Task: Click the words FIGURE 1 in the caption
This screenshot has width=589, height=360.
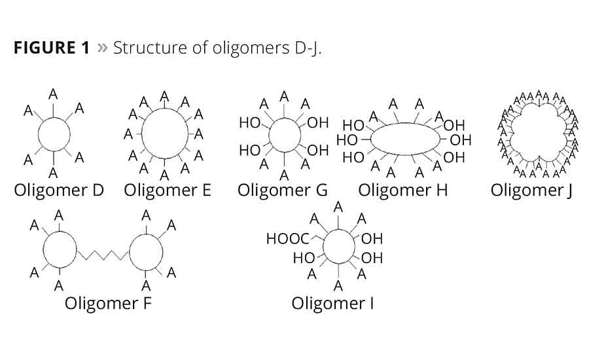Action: click(51, 48)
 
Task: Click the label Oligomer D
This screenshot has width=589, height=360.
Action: click(59, 190)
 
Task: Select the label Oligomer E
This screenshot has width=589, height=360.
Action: click(167, 190)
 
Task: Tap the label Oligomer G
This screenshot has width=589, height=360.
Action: click(282, 190)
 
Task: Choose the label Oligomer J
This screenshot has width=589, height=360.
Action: click(532, 190)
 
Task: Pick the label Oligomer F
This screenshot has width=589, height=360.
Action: click(109, 304)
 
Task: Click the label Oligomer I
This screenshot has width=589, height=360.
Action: click(332, 304)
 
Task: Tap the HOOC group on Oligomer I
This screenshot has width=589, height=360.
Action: click(287, 239)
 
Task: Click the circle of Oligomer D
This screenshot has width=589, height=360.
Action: click(54, 135)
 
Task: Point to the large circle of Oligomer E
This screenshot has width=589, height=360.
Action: click(164, 134)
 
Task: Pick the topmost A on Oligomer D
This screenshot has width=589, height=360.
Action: click(53, 94)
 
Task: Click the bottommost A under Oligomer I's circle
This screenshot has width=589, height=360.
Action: click(338, 285)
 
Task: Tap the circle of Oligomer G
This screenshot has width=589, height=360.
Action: click(283, 135)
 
